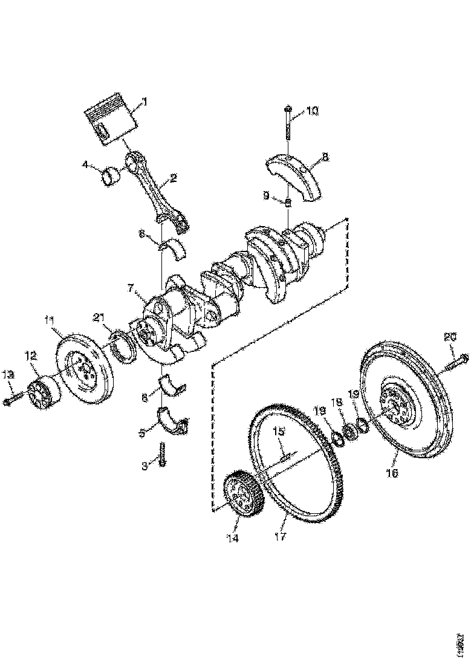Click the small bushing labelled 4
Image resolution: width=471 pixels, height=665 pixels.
(111, 177)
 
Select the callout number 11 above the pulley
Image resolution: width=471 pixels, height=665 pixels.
(50, 320)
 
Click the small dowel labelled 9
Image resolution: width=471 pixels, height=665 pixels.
(289, 203)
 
